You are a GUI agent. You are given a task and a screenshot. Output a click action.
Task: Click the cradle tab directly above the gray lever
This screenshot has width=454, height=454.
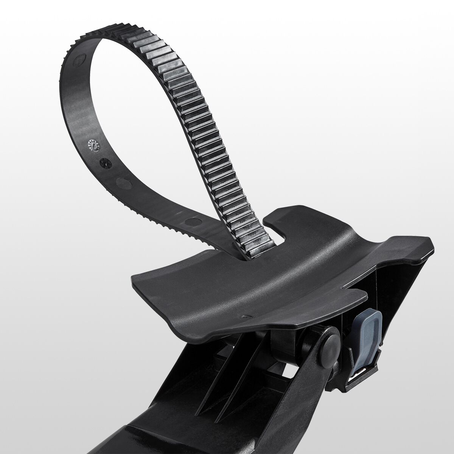tap(354, 295)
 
